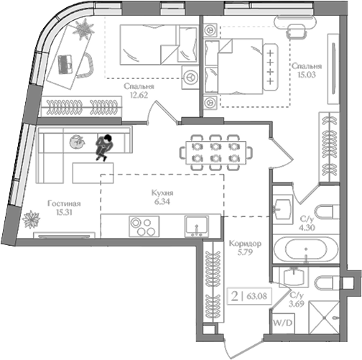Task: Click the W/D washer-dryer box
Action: pyautogui.click(x=283, y=323)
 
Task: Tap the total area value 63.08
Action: pyautogui.click(x=257, y=296)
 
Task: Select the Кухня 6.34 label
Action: pyautogui.click(x=162, y=198)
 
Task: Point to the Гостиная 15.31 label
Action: pyautogui.click(x=64, y=208)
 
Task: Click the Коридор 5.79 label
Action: pyautogui.click(x=245, y=248)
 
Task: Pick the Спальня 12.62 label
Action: pyautogui.click(x=139, y=91)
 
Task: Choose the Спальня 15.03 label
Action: pyautogui.click(x=307, y=70)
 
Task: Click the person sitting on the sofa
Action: pyautogui.click(x=104, y=147)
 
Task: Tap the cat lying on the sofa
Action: pyautogui.click(x=77, y=142)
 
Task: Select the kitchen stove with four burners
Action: pyautogui.click(x=144, y=226)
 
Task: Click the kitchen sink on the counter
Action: pyautogui.click(x=196, y=226)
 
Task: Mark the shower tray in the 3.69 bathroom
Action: pyautogui.click(x=324, y=317)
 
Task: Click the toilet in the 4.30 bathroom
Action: pyautogui.click(x=328, y=212)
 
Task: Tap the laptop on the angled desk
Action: pyautogui.click(x=65, y=64)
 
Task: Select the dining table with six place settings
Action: pyautogui.click(x=216, y=152)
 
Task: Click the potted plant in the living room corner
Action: pyautogui.click(x=31, y=219)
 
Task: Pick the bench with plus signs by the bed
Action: pyautogui.click(x=271, y=67)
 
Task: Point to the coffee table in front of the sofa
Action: pyautogui.click(x=93, y=173)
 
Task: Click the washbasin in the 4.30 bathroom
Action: pyautogui.click(x=283, y=209)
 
